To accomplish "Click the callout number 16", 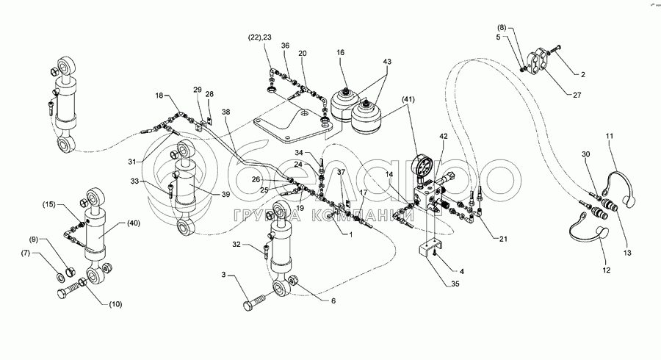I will click(x=340, y=54).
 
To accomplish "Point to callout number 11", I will click(x=609, y=136).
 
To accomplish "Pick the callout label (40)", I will click(x=133, y=223).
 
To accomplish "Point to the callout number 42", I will click(x=443, y=136).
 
